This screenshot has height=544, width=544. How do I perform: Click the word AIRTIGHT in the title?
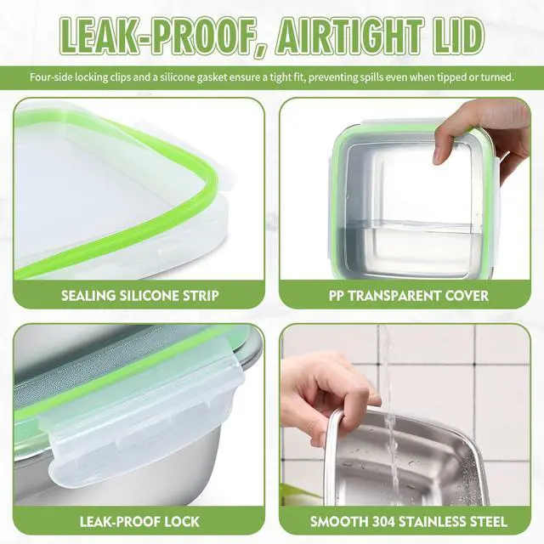(349, 36)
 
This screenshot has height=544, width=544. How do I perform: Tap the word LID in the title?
(457, 36)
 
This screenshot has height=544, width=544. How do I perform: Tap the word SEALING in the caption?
(88, 296)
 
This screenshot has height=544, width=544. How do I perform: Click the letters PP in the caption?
(337, 296)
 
